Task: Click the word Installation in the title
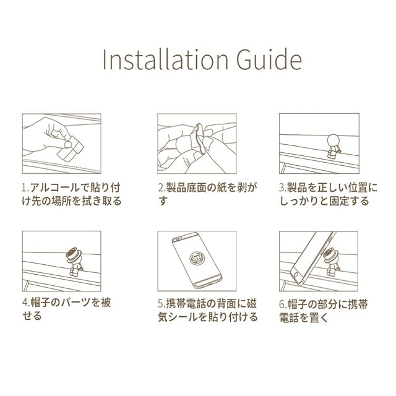165,59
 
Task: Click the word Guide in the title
269,59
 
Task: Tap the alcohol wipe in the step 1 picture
71,150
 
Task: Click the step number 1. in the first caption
26,188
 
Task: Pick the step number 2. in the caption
162,188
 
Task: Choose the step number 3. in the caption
283,188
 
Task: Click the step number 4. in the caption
26,303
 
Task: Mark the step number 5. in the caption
162,304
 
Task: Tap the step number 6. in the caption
283,304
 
